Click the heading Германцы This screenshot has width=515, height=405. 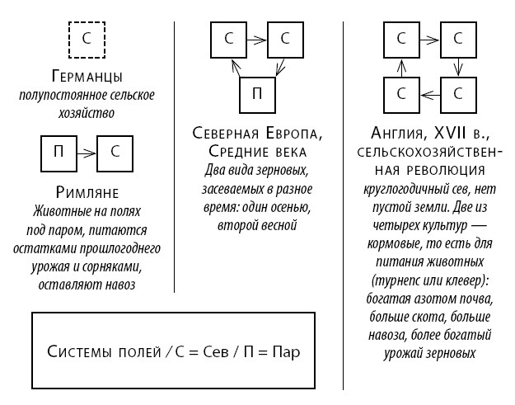click(87, 78)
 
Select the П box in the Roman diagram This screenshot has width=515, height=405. click(59, 152)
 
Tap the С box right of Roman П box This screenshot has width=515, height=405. click(115, 152)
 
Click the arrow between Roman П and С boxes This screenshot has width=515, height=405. click(87, 153)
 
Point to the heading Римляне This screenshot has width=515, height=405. click(87, 193)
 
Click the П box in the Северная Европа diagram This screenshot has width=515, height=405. click(257, 94)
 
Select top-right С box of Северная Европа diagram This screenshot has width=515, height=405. click(285, 39)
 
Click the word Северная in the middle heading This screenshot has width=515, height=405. click(226, 134)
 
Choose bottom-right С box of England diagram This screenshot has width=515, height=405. click(458, 93)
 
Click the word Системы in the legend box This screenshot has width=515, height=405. click(79, 351)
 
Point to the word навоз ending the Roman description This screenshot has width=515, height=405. click(118, 285)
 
